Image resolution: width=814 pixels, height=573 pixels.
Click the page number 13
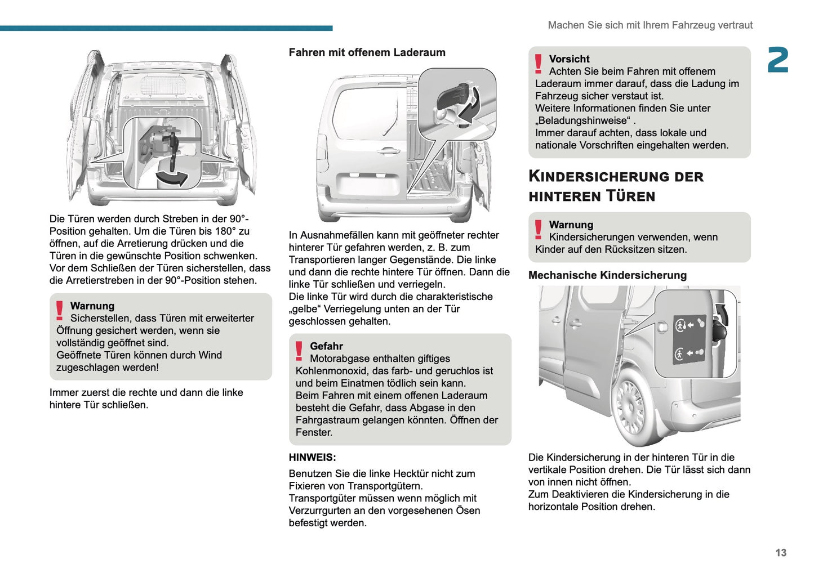pos(780,553)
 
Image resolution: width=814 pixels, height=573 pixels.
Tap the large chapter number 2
pos(778,60)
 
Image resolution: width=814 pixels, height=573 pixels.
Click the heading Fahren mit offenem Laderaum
pos(367,52)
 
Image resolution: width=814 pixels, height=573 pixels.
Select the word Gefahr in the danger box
pos(326,346)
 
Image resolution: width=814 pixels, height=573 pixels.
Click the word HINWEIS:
pos(312,457)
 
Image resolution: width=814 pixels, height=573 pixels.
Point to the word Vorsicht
pos(569,59)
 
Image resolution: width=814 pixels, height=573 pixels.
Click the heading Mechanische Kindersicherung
pos(607,275)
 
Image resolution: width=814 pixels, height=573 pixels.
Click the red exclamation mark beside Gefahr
pos(299,351)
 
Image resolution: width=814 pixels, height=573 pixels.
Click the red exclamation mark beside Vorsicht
pos(539,64)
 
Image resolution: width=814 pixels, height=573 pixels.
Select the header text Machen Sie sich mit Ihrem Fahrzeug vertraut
pos(650,25)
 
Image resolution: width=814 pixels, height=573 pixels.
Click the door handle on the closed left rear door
pos(389,150)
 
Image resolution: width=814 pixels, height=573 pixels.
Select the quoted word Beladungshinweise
pos(583,120)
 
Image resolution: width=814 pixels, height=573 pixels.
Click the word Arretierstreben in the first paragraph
pos(101,280)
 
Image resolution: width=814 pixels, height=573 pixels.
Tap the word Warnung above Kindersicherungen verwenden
pos(571,225)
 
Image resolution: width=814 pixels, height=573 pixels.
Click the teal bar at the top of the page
pos(166,28)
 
